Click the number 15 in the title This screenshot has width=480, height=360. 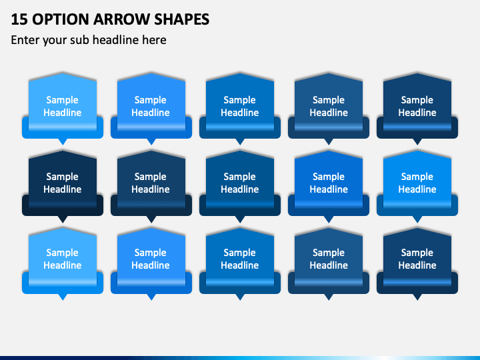19,19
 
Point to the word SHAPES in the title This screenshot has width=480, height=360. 182,19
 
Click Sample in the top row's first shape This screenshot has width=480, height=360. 63,100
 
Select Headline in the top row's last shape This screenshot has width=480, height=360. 417,113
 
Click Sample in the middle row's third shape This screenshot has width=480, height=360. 240,177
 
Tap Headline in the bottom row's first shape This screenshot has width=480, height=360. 63,265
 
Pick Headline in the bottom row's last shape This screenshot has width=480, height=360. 417,265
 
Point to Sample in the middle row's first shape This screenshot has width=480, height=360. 63,177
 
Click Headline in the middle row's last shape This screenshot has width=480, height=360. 417,189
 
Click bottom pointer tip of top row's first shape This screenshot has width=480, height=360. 63,145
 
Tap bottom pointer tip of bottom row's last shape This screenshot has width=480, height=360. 417,300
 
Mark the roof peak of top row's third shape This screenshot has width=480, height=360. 240,73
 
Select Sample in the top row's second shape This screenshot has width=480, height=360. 151,100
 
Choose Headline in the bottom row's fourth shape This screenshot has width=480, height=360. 329,265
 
